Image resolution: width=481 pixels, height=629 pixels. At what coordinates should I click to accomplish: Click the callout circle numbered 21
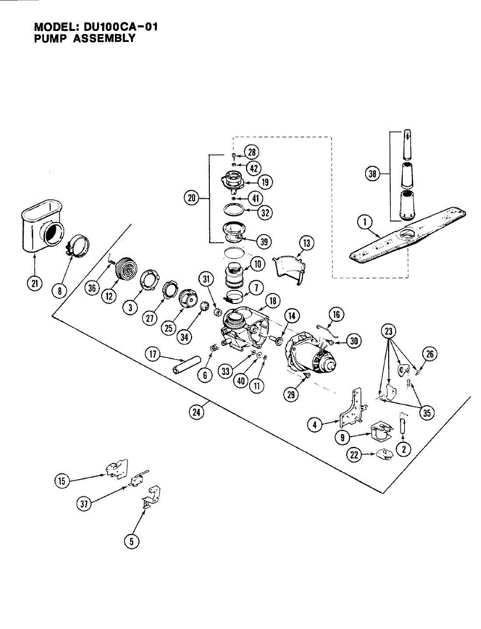click(x=34, y=284)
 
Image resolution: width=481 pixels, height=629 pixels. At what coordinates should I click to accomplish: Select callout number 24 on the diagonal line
click(x=197, y=412)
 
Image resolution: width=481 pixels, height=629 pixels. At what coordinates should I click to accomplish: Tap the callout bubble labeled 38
click(x=373, y=174)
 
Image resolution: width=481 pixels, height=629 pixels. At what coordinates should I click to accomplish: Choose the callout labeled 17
click(x=153, y=355)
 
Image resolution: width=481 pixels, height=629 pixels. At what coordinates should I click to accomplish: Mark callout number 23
click(x=389, y=331)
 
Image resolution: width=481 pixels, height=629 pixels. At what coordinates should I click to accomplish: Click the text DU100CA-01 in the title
click(x=120, y=27)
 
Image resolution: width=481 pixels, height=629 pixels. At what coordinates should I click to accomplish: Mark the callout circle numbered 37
click(x=84, y=504)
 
